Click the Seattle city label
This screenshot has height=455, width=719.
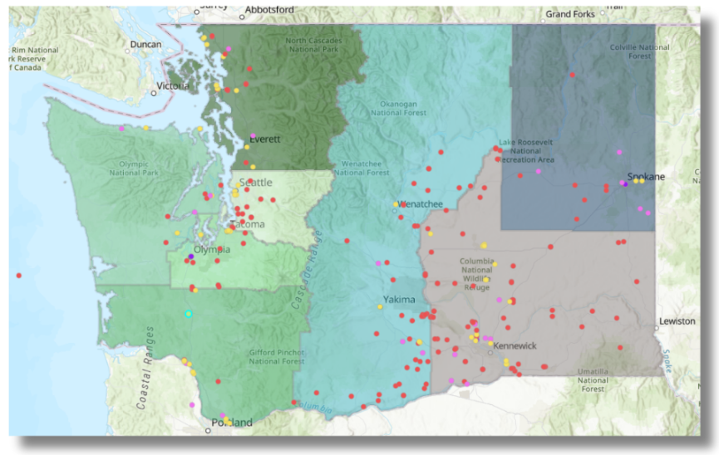pos(255,183)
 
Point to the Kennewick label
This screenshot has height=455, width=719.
pos(515,345)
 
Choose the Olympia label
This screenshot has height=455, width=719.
pos(211,249)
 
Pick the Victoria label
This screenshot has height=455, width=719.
pos(175,86)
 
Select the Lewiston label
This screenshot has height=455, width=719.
pos(677,320)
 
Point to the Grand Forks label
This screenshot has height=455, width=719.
pos(570,14)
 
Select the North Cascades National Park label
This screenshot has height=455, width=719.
pos(313,46)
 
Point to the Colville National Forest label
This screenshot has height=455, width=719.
pos(639,51)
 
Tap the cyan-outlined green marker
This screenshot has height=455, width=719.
pos(189,313)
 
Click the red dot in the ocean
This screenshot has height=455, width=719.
pos(18,275)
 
